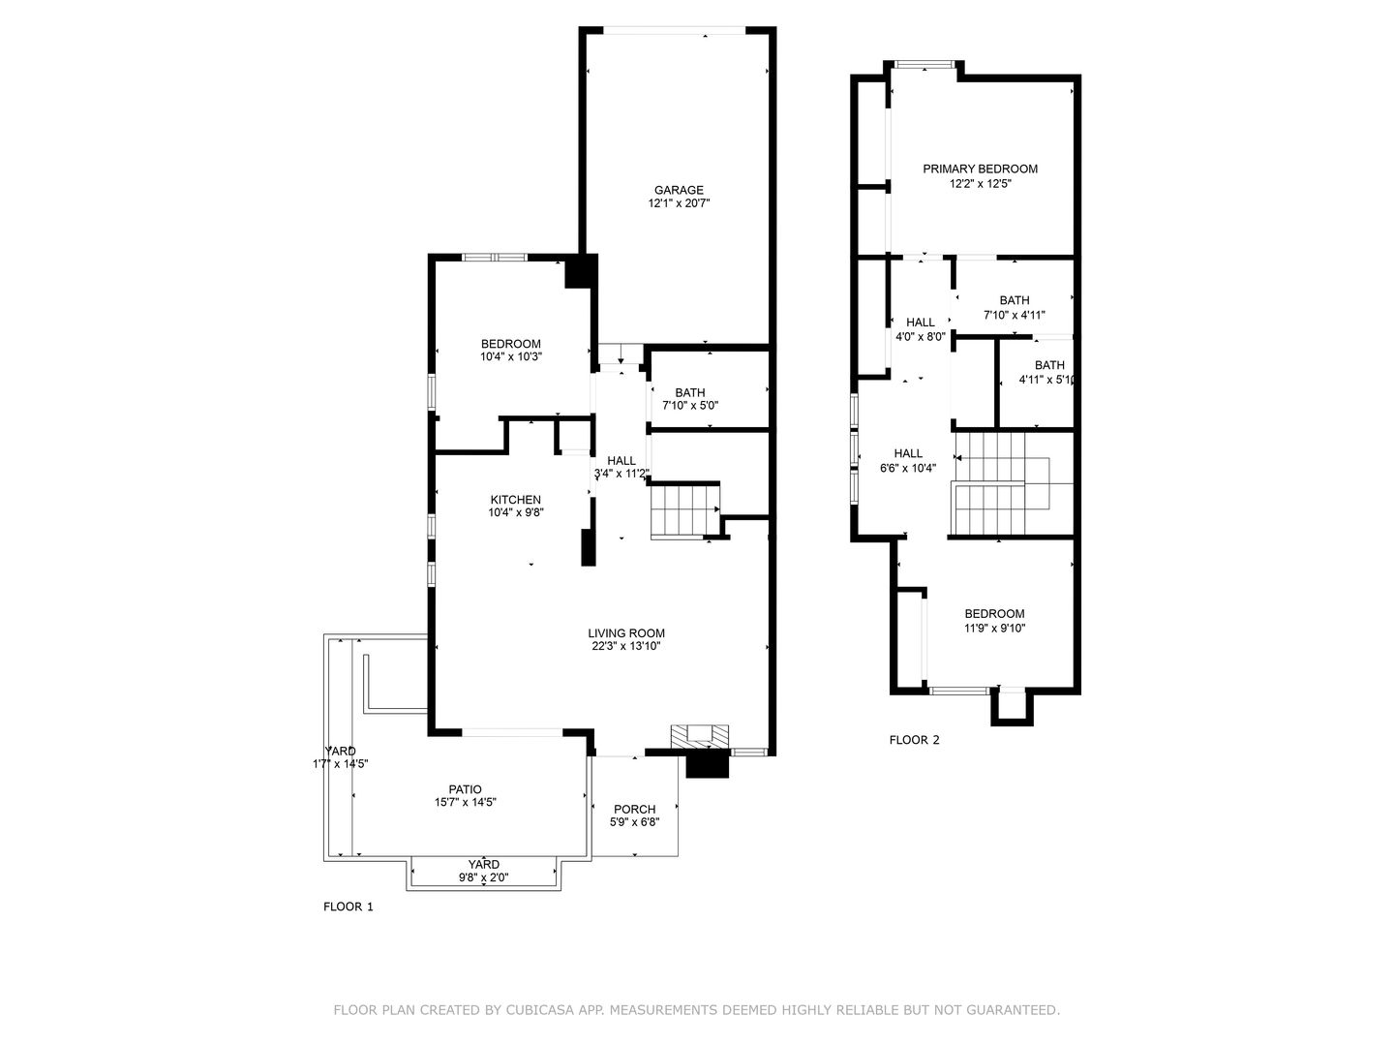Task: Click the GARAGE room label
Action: [x=679, y=190]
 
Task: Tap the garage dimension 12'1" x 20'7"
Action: [x=679, y=203]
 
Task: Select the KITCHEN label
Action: [x=515, y=500]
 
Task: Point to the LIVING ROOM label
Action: [x=625, y=633]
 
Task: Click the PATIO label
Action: [x=465, y=789]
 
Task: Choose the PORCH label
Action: [x=634, y=809]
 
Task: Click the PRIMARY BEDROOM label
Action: [x=980, y=169]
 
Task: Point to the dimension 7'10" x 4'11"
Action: [x=1014, y=315]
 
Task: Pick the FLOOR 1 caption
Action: [x=348, y=907]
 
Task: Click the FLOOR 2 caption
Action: [x=914, y=740]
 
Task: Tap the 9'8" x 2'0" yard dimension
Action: [x=483, y=877]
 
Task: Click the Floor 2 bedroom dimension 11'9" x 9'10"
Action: [x=994, y=629]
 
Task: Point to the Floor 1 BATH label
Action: [x=689, y=392]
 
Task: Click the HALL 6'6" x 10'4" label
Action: [x=907, y=461]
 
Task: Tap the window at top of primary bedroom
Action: [x=924, y=64]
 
